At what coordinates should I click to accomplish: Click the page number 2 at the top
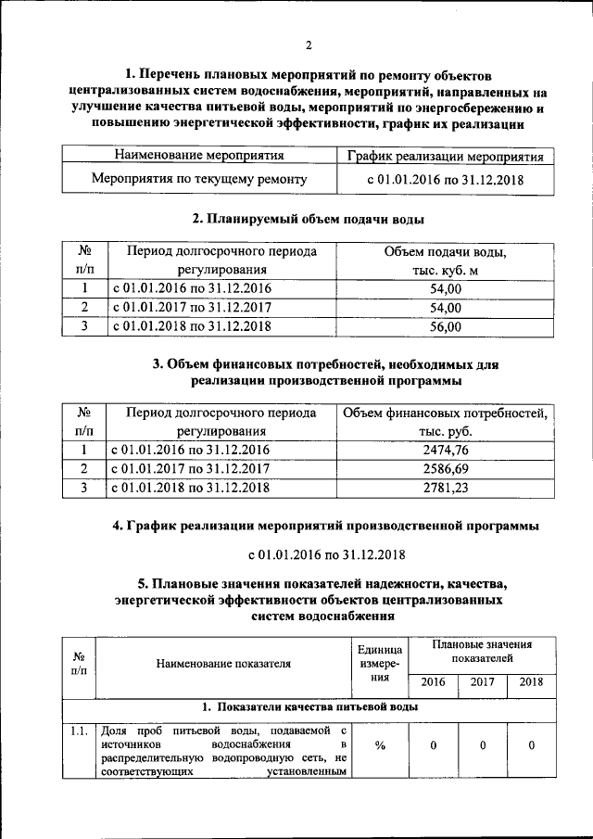309,45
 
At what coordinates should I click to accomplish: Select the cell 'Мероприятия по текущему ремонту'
199,179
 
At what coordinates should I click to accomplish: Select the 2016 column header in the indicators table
433,682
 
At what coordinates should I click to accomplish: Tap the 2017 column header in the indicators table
482,682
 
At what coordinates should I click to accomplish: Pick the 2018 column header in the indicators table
531,682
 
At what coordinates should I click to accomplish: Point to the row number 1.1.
79,731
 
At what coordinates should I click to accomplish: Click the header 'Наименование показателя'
223,663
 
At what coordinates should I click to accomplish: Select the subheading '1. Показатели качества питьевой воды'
309,706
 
